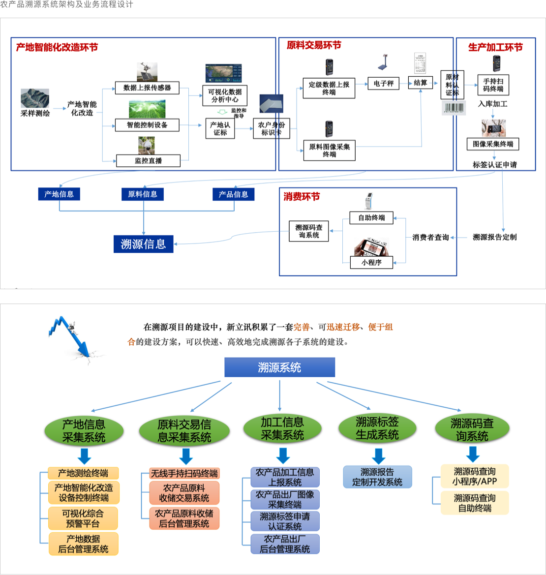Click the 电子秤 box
[383, 84]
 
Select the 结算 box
[420, 83]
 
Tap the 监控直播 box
[148, 161]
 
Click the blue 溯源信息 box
[143, 244]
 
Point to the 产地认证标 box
[220, 128]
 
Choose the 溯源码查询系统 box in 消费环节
[308, 231]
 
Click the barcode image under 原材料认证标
[454, 108]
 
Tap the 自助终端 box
[371, 218]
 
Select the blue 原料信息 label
[142, 194]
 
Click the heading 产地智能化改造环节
[57, 48]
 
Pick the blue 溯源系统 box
[279, 367]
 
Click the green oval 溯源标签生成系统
[377, 428]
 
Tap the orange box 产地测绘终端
[83, 473]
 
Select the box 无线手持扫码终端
[184, 473]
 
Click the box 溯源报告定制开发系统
[377, 477]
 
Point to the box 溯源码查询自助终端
[474, 503]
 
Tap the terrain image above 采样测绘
[35, 98]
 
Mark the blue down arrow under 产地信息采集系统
[84, 456]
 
